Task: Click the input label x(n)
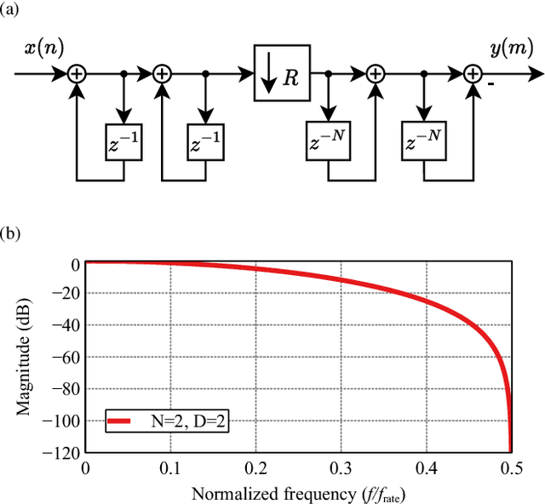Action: pyautogui.click(x=43, y=49)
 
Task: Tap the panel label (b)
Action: pyautogui.click(x=14, y=232)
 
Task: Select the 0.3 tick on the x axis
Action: pyautogui.click(x=341, y=467)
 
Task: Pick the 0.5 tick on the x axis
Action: pyautogui.click(x=510, y=467)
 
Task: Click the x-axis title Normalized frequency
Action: pyautogui.click(x=298, y=493)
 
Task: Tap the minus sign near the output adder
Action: pyautogui.click(x=492, y=84)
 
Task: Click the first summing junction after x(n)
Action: pyautogui.click(x=77, y=74)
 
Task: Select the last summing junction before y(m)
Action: pyautogui.click(x=473, y=74)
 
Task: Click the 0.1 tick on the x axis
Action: pyautogui.click(x=170, y=467)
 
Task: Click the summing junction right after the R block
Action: pyautogui.click(x=376, y=74)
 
